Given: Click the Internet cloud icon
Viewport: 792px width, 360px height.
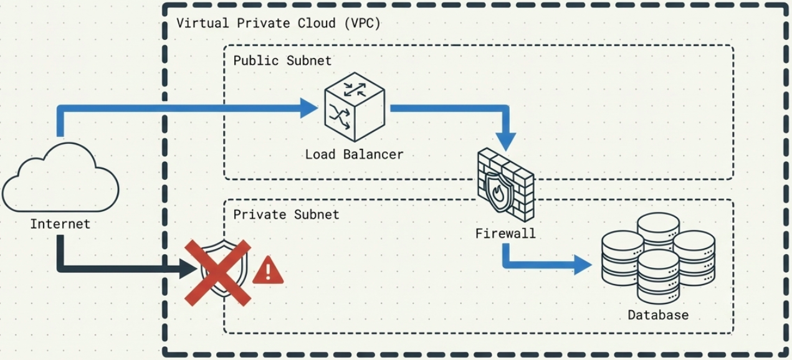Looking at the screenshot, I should [60, 178].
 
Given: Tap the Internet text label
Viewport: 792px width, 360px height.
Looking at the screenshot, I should [60, 224].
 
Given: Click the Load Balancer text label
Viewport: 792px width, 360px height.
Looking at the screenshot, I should [354, 154].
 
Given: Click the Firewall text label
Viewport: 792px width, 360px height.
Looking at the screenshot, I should [505, 234].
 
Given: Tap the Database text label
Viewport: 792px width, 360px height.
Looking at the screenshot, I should [658, 315].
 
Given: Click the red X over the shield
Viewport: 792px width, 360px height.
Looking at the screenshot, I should [219, 272].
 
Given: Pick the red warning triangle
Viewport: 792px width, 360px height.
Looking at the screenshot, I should [268, 270].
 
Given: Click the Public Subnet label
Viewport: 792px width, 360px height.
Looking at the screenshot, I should [282, 61].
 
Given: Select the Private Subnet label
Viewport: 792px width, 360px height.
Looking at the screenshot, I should [286, 215].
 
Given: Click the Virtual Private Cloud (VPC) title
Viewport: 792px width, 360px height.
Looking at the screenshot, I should [278, 24].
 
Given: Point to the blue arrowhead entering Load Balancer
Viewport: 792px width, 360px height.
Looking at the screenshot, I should [309, 108].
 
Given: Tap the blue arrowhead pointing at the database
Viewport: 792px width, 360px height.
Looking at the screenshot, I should [582, 265].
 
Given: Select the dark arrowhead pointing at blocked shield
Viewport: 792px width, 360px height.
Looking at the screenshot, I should [188, 269].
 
